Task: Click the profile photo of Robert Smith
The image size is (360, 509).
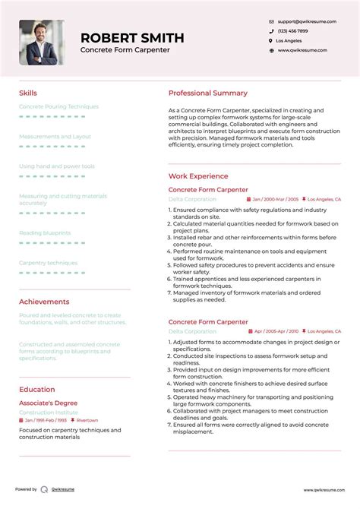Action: coord(42,43)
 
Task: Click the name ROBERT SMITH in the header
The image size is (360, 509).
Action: coord(132,37)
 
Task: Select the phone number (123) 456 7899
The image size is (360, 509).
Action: coord(292,30)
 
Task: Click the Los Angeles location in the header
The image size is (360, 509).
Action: coord(289,40)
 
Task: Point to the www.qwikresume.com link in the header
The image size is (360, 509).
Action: coord(302,50)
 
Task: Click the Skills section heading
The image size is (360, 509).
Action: coord(27,93)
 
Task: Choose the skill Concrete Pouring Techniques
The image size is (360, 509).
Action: coord(58,106)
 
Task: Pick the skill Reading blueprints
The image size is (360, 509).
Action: coord(45,232)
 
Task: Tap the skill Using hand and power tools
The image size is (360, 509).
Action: coord(57,166)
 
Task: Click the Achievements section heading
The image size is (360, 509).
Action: coord(44,302)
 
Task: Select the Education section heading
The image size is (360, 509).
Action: coord(36,390)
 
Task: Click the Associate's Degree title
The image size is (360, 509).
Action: coord(49,403)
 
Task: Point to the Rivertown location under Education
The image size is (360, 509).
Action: coord(87,420)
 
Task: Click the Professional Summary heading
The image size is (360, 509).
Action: coord(208,93)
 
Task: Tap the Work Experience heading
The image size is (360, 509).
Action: coord(198,176)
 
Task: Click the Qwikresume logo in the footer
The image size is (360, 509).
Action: coord(45,490)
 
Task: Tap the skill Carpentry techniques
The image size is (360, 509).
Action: coord(48,263)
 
